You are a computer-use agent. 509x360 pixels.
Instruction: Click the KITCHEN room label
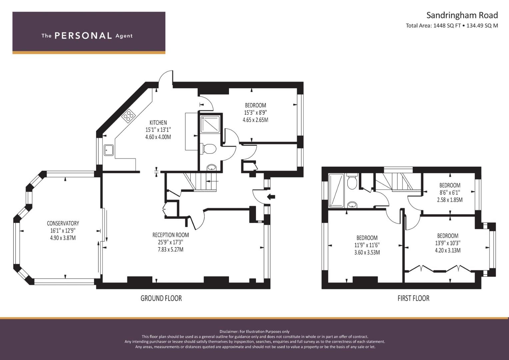pyautogui.click(x=158, y=123)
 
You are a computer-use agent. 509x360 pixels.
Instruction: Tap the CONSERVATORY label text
pyautogui.click(x=63, y=223)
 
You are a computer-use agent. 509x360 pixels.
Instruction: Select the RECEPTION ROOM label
pyautogui.click(x=171, y=235)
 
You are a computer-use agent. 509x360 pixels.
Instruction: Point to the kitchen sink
pyautogui.click(x=109, y=150)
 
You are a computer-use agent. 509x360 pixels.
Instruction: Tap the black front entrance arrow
pyautogui.click(x=271, y=197)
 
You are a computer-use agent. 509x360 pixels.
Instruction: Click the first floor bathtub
pyautogui.click(x=336, y=190)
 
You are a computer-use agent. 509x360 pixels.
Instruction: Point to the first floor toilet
pyautogui.click(x=352, y=182)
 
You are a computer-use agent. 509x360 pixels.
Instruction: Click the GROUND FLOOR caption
pyautogui.click(x=161, y=298)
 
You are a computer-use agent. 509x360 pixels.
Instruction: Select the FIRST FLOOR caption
pyautogui.click(x=413, y=298)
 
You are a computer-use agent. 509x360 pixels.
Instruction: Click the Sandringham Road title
pyautogui.click(x=462, y=15)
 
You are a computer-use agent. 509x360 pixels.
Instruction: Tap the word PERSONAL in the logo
pyautogui.click(x=83, y=36)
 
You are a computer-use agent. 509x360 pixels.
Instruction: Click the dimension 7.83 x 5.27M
pyautogui.click(x=171, y=249)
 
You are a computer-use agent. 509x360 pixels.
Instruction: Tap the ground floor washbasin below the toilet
pyautogui.click(x=212, y=167)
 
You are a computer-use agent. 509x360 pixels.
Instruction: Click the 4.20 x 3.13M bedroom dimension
pyautogui.click(x=448, y=250)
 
